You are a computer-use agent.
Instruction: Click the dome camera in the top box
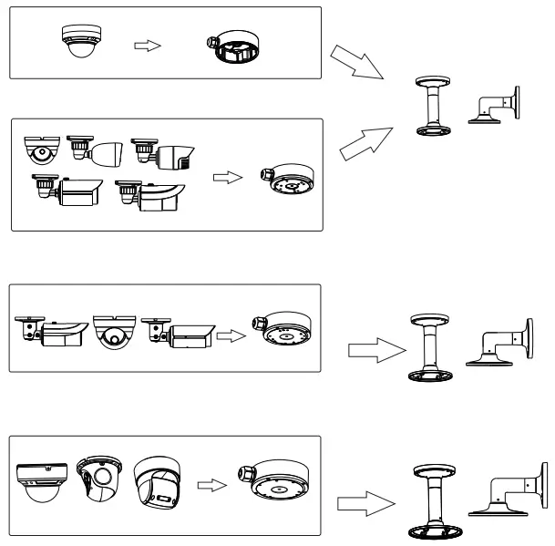77,41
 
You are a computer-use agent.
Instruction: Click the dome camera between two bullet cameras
112,333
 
